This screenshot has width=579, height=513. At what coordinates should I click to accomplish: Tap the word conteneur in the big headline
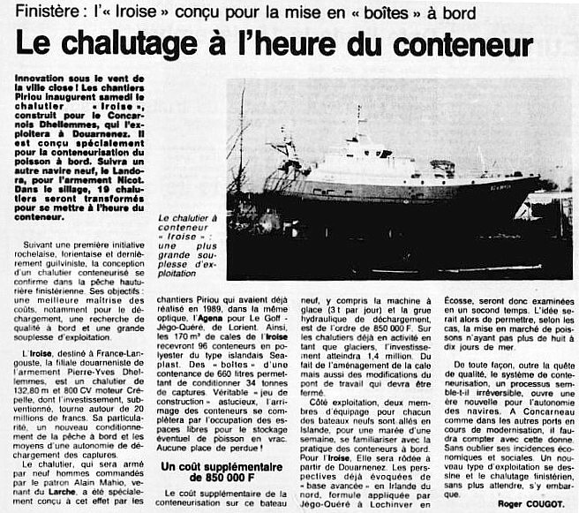click(x=459, y=43)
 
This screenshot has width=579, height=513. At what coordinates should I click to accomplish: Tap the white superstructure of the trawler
click(x=371, y=162)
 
